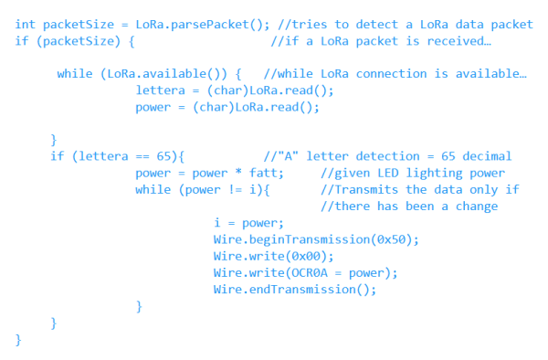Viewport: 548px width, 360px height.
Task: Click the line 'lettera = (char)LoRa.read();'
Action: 235,90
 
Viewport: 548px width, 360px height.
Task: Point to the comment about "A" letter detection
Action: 387,156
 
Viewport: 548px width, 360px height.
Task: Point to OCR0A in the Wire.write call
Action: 303,272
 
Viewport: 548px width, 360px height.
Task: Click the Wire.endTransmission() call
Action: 294,289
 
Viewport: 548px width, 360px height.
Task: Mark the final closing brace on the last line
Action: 18,339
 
